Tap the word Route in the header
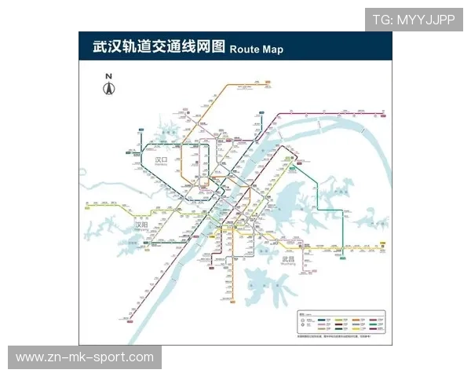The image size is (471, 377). (245, 49)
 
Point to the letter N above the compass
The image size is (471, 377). (109, 76)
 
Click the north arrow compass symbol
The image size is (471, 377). (109, 87)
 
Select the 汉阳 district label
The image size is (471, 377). (141, 225)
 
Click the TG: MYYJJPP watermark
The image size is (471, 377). (413, 20)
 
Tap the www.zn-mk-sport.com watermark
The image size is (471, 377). (85, 357)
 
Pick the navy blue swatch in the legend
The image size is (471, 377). (322, 320)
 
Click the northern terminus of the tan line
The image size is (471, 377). (268, 80)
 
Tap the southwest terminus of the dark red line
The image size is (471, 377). (124, 320)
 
